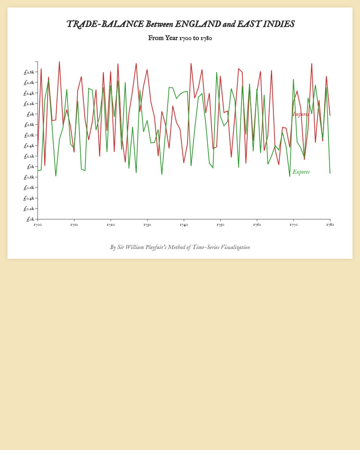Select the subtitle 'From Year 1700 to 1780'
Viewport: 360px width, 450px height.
(x=180, y=38)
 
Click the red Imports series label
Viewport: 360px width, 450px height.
(x=301, y=114)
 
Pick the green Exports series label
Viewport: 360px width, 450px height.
(x=301, y=172)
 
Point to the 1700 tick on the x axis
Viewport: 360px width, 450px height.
(x=37, y=225)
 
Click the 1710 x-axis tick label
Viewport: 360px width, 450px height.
(x=74, y=225)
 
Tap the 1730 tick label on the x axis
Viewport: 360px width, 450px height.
(x=147, y=225)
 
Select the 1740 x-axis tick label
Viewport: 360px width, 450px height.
(x=184, y=225)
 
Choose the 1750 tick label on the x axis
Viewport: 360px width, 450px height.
(x=220, y=225)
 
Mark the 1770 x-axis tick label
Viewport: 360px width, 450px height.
(x=294, y=225)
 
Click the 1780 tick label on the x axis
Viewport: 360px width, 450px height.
(x=330, y=225)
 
